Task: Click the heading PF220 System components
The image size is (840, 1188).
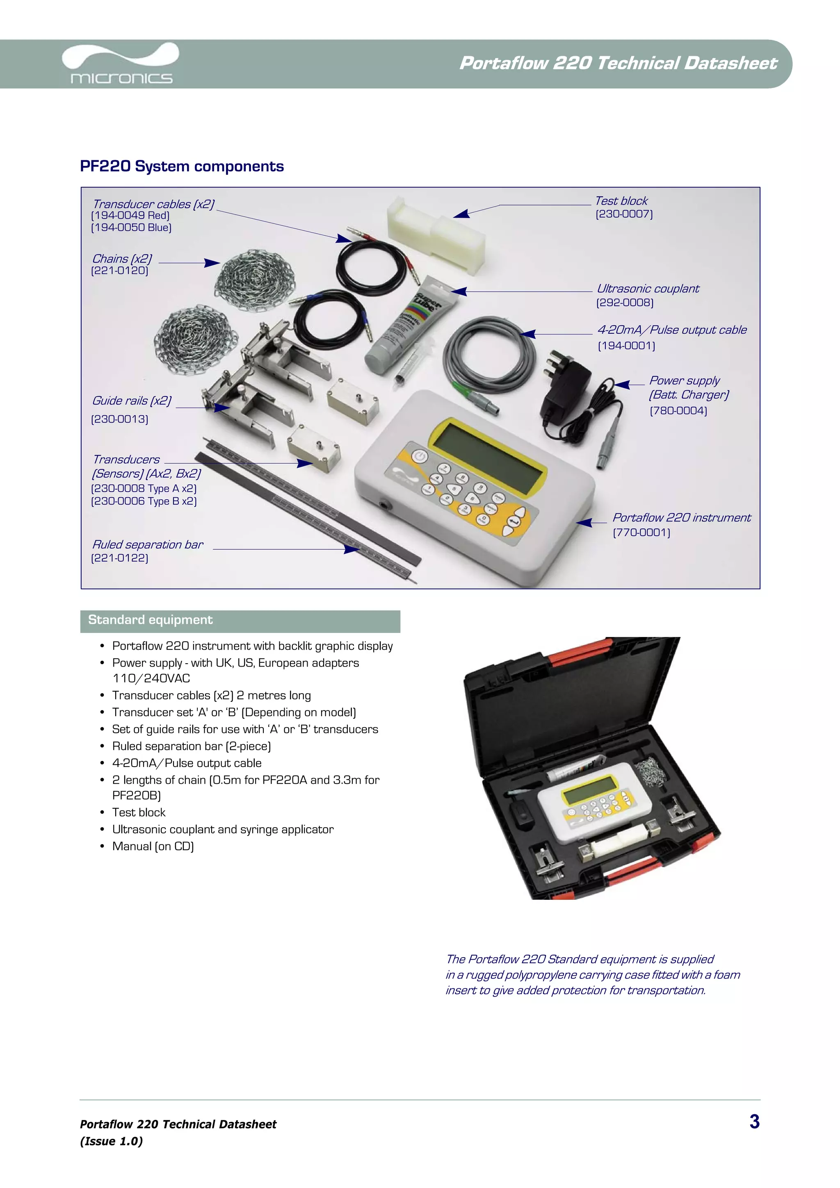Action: tap(182, 166)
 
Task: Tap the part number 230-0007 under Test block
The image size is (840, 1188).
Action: tap(624, 214)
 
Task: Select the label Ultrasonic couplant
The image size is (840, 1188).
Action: tap(648, 289)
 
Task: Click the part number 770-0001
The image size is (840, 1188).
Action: tap(641, 533)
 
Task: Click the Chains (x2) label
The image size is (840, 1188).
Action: tap(122, 259)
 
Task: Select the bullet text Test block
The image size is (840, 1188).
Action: tap(139, 812)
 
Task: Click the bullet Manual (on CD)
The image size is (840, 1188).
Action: tap(153, 847)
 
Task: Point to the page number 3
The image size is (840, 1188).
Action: tap(754, 1121)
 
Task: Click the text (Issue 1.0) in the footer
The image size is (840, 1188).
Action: tap(111, 1141)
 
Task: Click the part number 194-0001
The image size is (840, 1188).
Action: tap(626, 346)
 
